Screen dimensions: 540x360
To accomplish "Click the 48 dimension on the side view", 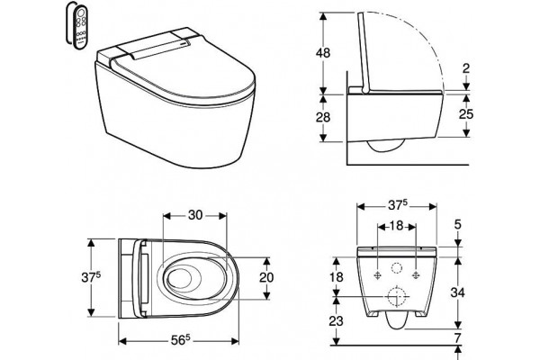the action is [323, 53].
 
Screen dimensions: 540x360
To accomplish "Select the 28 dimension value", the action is [323, 118].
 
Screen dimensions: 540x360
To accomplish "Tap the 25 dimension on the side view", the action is [466, 114].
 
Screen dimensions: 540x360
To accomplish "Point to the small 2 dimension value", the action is [466, 68].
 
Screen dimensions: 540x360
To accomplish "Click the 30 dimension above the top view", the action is [195, 215].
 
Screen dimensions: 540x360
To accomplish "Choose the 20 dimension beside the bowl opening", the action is [266, 278].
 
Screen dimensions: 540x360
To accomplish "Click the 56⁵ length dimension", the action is [181, 340].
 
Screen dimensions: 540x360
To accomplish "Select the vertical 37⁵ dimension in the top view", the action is [91, 277].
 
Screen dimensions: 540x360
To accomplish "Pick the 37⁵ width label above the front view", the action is [398, 205].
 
